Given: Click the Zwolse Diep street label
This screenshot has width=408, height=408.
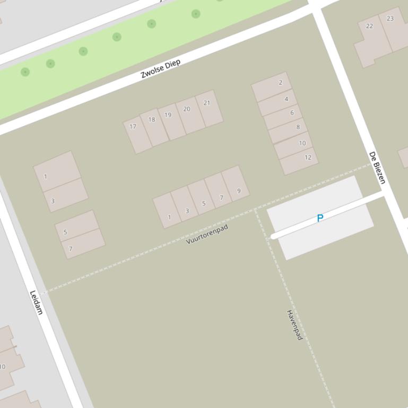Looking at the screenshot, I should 161,69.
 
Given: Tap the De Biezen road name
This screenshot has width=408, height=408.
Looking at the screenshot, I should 377,168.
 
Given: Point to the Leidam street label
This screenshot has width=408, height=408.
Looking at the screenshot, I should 36,303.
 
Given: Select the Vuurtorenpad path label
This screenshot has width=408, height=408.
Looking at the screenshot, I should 207,234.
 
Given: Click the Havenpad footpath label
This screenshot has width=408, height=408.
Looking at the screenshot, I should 294,325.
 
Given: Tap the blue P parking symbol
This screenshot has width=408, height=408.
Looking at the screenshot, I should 320,218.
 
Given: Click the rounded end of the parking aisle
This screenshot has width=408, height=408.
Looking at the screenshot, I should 273,236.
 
